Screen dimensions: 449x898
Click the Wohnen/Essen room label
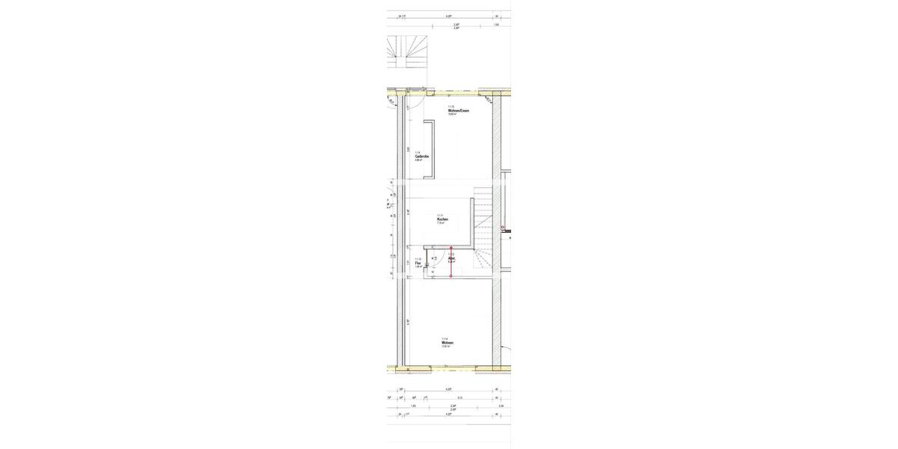[459, 111]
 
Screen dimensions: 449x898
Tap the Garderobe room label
[422, 156]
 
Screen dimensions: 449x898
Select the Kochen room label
[442, 219]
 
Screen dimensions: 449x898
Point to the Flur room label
[418, 263]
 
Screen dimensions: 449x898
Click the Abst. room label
[451, 259]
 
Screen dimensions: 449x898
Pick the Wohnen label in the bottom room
[448, 343]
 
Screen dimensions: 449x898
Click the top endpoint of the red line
[451, 248]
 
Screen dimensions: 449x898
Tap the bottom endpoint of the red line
[451, 277]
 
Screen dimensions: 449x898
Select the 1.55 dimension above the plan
[496, 25]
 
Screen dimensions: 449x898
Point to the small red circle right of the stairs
[503, 227]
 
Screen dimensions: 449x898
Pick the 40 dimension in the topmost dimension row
[496, 16]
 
